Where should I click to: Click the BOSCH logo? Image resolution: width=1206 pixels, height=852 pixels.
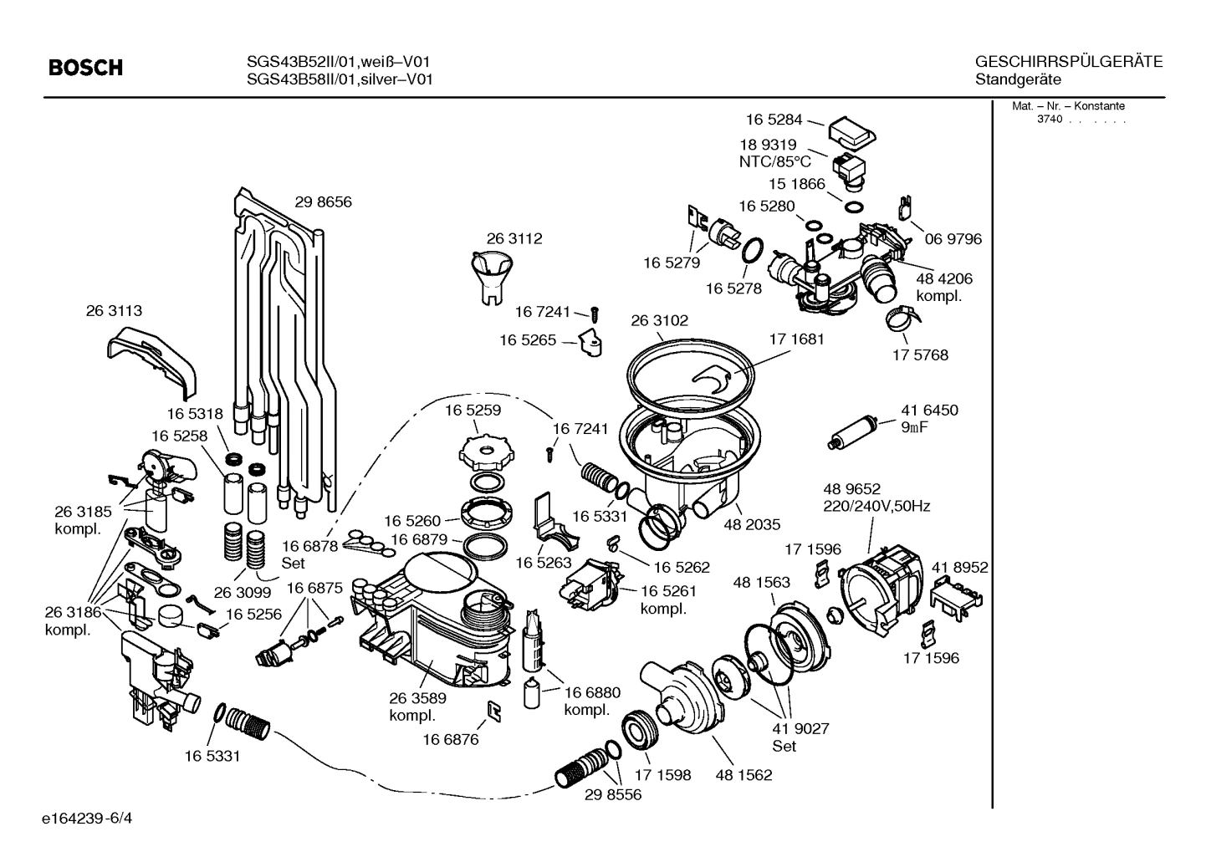click(85, 68)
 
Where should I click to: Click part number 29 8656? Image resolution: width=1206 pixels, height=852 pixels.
click(323, 202)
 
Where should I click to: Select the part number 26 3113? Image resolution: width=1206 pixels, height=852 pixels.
click(114, 310)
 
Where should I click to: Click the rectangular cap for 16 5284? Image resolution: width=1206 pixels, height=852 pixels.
click(851, 130)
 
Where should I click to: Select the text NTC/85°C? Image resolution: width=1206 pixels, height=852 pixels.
click(774, 161)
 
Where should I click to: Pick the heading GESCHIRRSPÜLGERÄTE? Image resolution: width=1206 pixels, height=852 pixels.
click(1068, 61)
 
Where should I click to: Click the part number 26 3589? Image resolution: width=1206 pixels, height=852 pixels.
click(417, 698)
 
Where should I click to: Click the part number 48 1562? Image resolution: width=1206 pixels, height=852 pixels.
click(744, 775)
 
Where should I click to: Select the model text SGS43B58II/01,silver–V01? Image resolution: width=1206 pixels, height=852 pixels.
click(340, 79)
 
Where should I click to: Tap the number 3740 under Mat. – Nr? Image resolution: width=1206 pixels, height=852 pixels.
click(1049, 120)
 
